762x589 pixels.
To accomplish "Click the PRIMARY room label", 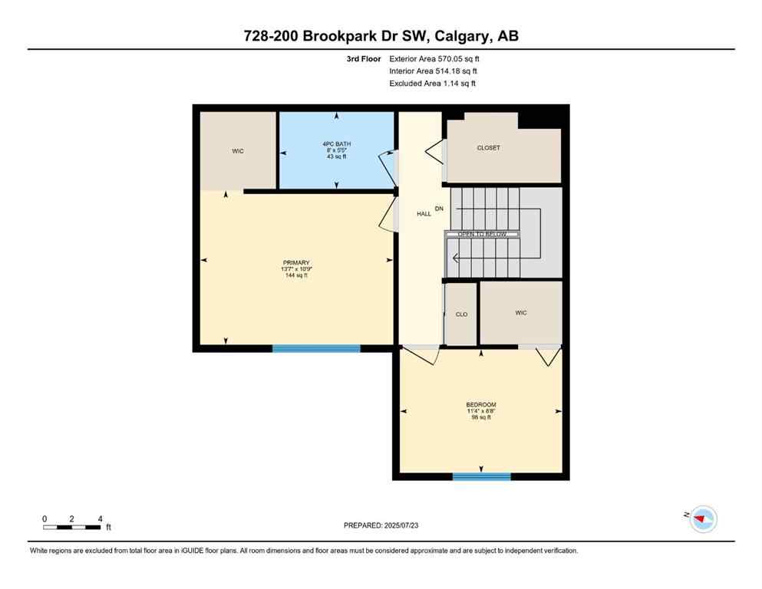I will (x=295, y=262).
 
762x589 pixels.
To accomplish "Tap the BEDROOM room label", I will (x=481, y=405).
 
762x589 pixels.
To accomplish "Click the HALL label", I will (x=424, y=214).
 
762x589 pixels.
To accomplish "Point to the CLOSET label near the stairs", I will (x=488, y=147).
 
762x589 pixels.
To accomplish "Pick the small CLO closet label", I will (x=461, y=314).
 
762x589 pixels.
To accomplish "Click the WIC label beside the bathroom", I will (x=238, y=151).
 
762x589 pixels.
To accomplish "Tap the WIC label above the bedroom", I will (x=521, y=312).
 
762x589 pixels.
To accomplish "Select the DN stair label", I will (x=439, y=209).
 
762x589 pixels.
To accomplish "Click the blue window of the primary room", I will (x=316, y=348).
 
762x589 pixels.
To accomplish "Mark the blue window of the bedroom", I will (x=481, y=476).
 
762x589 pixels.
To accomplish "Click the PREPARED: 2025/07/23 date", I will (x=381, y=525).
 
